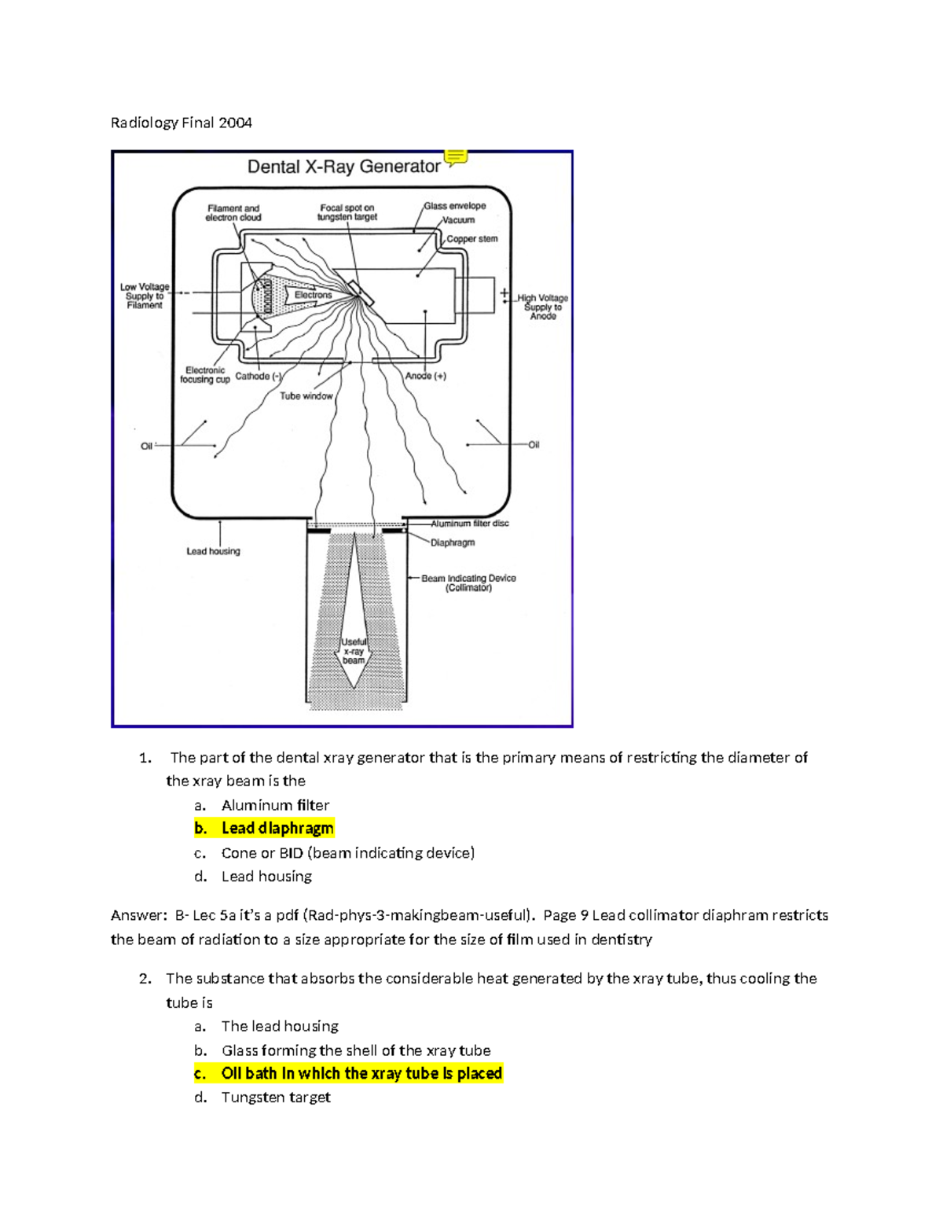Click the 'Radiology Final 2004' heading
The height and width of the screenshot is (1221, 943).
point(181,123)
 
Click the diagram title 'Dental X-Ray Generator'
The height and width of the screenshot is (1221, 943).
point(343,167)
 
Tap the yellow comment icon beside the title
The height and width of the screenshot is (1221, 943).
point(457,157)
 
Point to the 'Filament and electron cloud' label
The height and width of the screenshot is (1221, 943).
point(233,213)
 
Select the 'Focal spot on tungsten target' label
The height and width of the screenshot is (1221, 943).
point(347,213)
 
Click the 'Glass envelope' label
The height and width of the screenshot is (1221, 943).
point(455,206)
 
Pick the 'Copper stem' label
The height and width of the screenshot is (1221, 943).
point(472,239)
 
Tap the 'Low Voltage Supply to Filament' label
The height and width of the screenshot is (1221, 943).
point(145,296)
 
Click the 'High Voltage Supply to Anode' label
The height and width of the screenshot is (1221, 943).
point(543,307)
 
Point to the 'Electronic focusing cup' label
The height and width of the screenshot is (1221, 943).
point(205,375)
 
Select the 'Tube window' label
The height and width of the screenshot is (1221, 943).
point(306,396)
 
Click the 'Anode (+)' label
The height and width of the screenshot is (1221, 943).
point(426,376)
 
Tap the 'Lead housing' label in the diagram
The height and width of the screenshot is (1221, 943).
point(213,551)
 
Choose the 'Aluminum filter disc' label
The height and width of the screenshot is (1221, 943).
point(469,524)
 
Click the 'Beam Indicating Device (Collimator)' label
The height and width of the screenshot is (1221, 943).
point(468,583)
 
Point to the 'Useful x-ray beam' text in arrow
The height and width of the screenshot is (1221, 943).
point(354,651)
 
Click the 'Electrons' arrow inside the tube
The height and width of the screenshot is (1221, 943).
point(313,295)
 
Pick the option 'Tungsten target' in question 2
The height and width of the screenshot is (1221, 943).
point(276,1098)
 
